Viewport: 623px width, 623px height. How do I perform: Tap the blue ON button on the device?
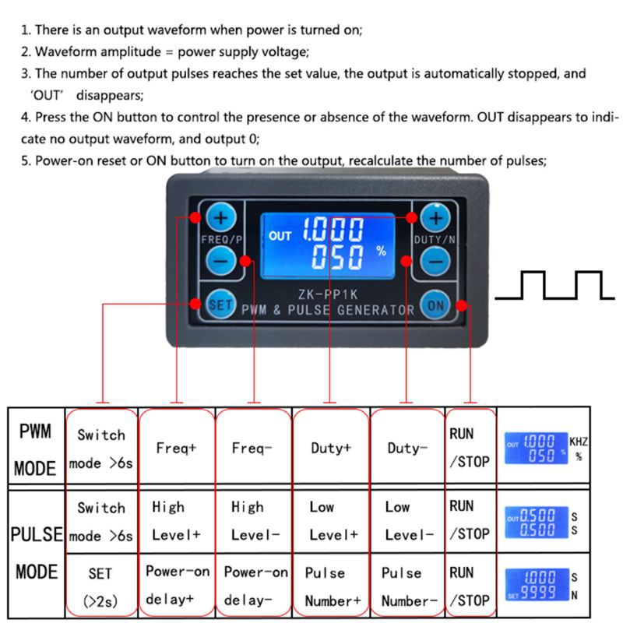coord(435,304)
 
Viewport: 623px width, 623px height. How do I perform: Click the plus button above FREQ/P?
coord(221,217)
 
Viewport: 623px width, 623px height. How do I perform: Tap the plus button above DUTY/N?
coord(435,217)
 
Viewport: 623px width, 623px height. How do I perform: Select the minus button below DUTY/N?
coord(435,261)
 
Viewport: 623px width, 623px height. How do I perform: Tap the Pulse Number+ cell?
coord(331,586)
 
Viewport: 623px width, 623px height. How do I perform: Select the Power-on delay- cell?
coord(253,586)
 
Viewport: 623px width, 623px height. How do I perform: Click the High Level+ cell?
coord(176,521)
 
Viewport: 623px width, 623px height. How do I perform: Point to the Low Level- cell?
coord(407,521)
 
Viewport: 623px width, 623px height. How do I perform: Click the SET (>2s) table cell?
coord(100,586)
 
